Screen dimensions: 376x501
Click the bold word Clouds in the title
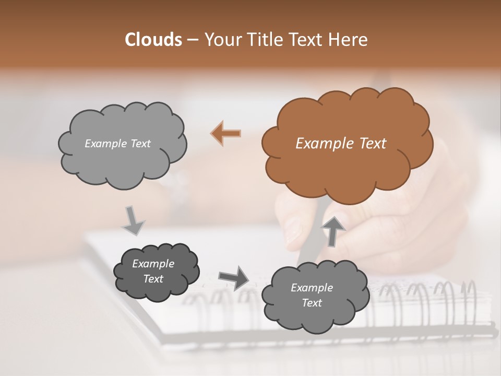click(x=153, y=40)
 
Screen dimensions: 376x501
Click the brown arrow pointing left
click(x=226, y=134)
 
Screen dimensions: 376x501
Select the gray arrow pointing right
click(x=234, y=278)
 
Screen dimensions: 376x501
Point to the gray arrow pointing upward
click(x=333, y=230)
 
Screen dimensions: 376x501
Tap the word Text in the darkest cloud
click(x=153, y=279)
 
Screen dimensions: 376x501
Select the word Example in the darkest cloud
click(x=153, y=264)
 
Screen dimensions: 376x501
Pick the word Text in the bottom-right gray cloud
click(x=312, y=303)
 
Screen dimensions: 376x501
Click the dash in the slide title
click(x=193, y=40)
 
